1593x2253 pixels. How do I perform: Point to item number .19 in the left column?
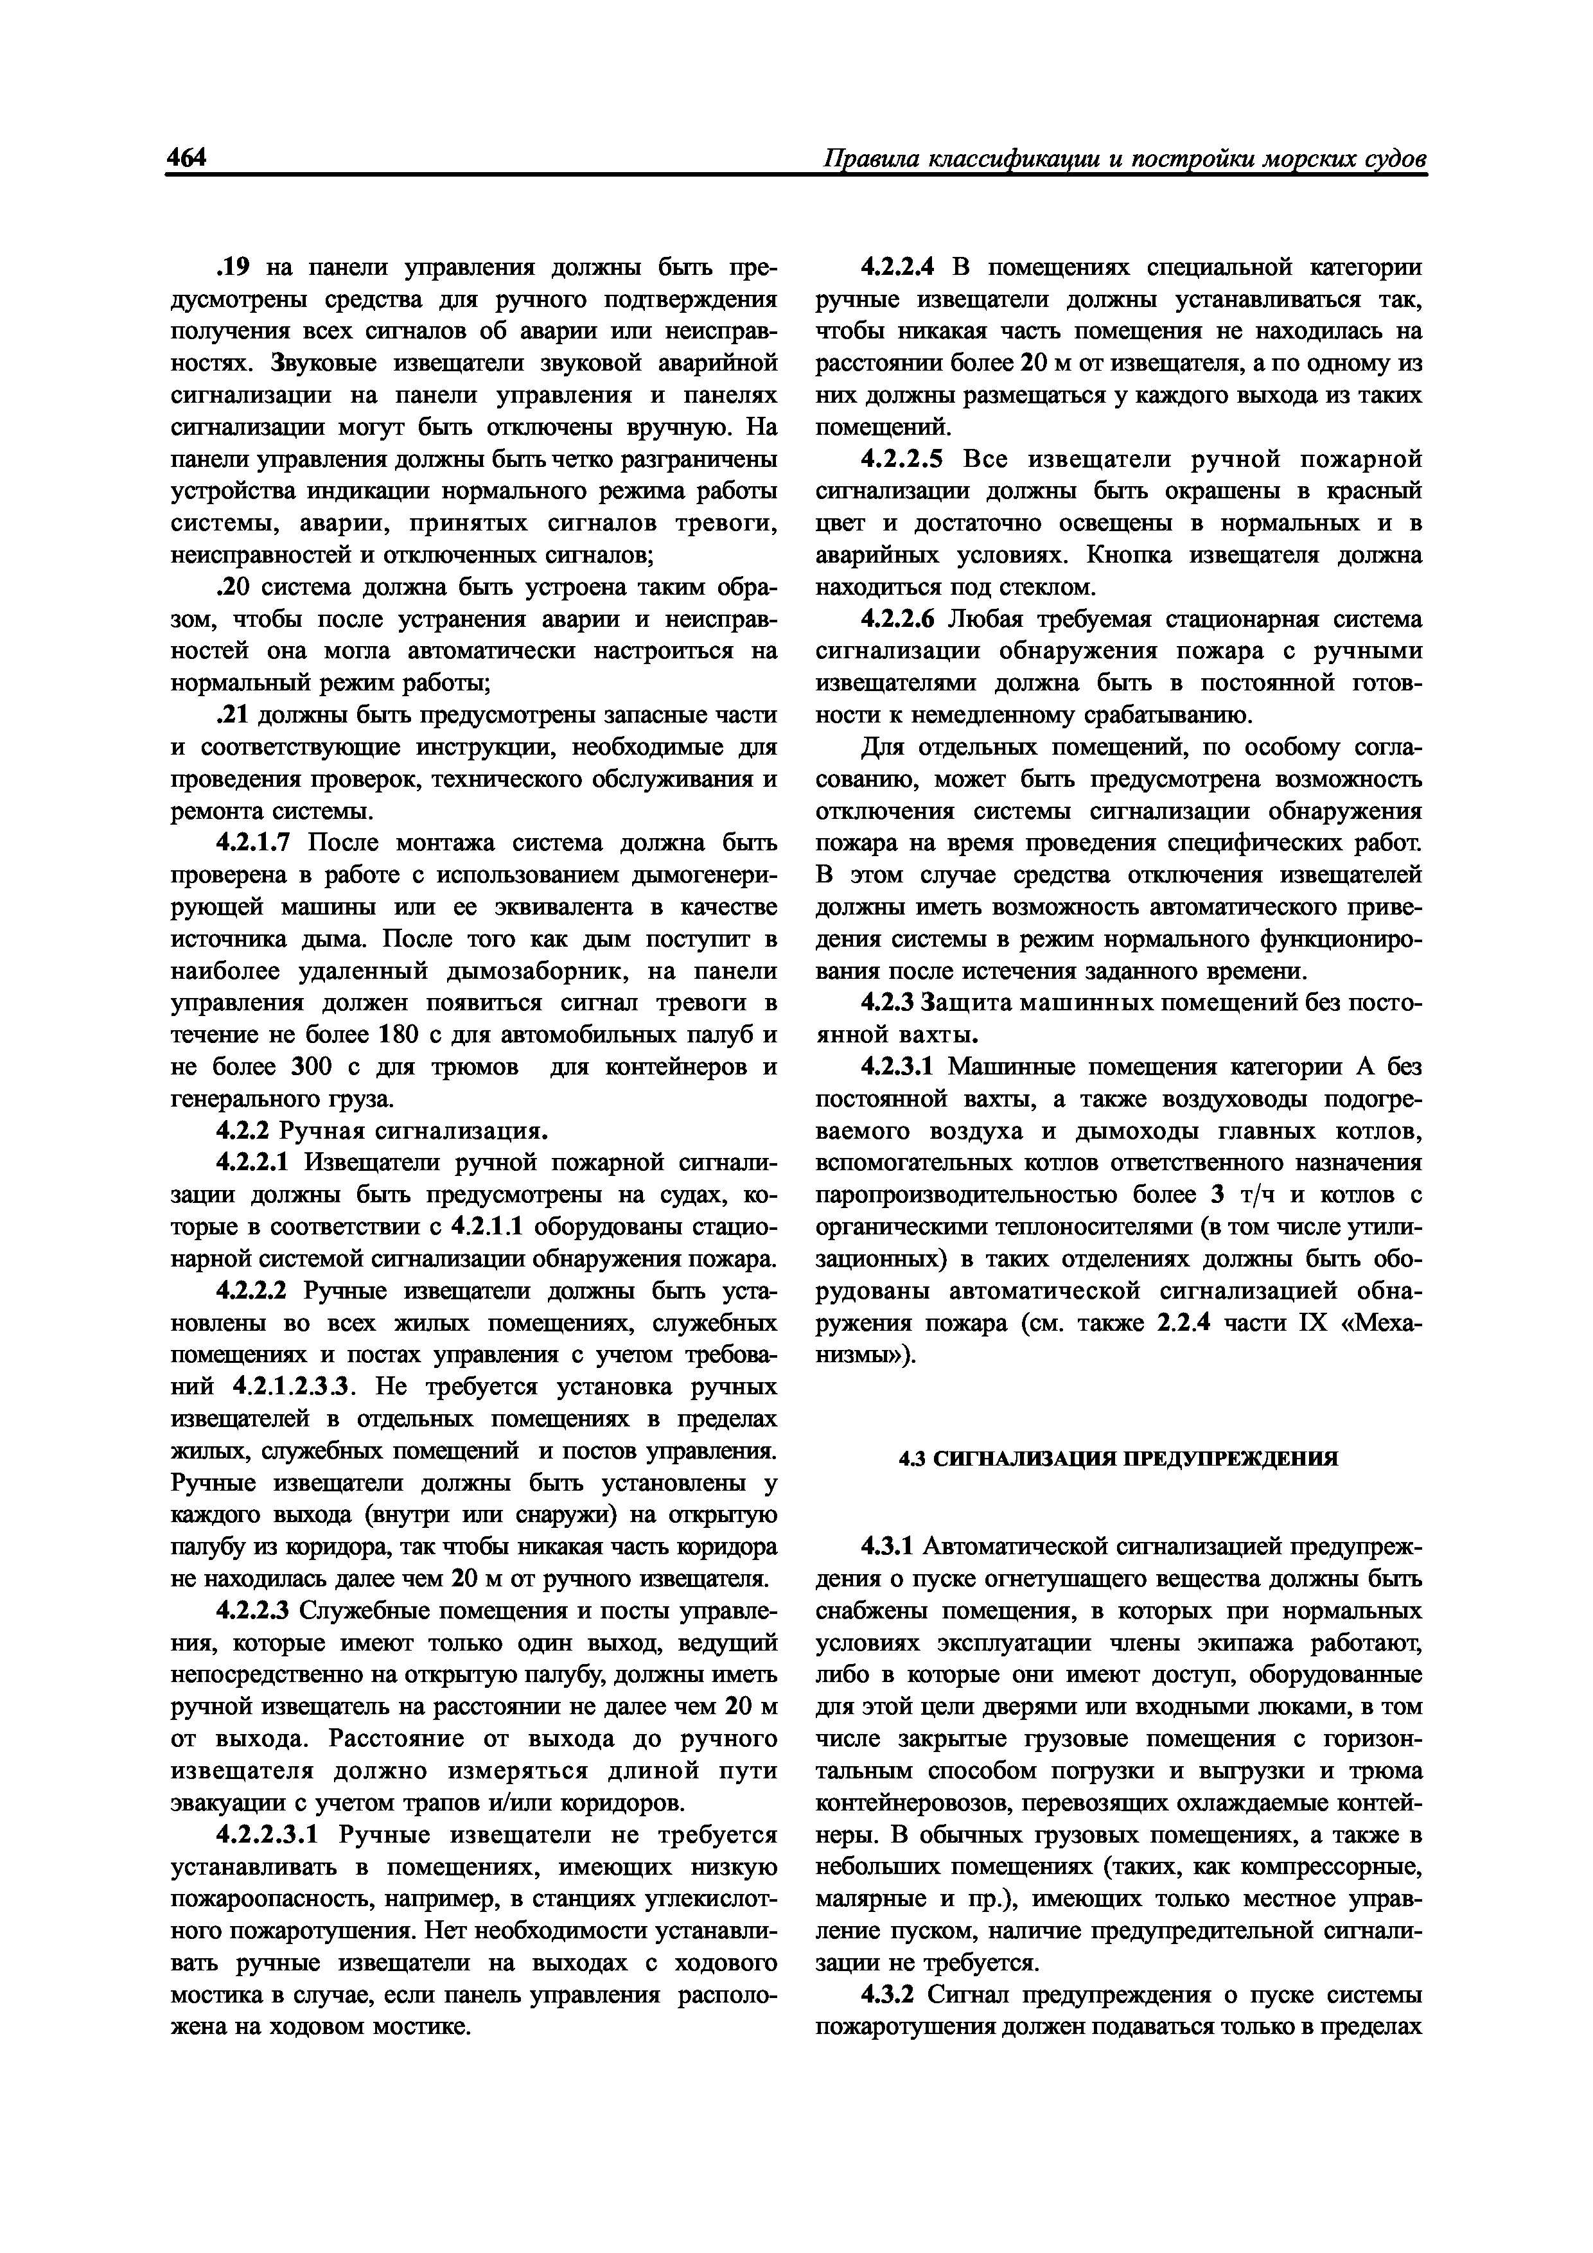pos(233,268)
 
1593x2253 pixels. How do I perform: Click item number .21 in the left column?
pos(233,715)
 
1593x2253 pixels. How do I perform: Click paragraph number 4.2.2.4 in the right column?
pos(898,268)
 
